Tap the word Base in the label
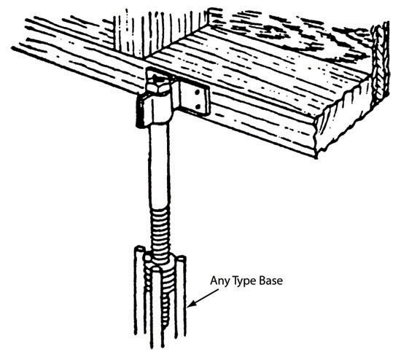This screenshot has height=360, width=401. (271, 281)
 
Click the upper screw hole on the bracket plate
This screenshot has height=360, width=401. (197, 93)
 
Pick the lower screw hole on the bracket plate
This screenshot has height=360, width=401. (197, 106)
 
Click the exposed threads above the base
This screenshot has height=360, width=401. (160, 230)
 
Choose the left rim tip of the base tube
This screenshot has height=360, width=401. (139, 248)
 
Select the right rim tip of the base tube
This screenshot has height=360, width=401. (182, 258)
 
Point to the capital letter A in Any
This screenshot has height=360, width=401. (214, 281)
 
